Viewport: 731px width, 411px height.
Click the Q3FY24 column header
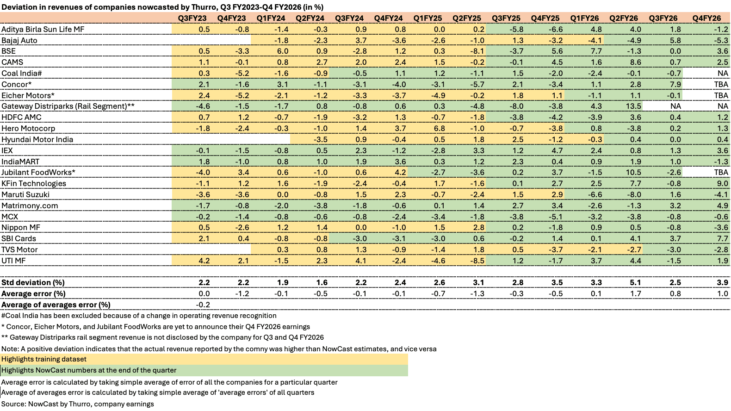(349, 18)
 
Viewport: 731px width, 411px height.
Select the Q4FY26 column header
(706, 18)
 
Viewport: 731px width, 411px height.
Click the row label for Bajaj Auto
(19, 40)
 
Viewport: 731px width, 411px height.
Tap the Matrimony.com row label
(30, 205)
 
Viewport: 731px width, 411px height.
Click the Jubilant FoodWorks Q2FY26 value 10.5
(634, 172)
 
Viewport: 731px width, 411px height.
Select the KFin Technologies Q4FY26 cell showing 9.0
(723, 183)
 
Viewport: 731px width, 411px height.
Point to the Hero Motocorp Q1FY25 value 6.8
(439, 128)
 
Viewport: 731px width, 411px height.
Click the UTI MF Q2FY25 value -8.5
(477, 261)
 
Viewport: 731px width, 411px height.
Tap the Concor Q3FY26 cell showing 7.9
(675, 84)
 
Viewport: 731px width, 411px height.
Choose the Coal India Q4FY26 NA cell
(723, 73)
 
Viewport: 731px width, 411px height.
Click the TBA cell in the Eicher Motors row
(721, 95)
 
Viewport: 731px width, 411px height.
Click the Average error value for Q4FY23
(242, 293)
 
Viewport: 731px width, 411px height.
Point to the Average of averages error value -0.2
(203, 305)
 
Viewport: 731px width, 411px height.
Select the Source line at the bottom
(78, 404)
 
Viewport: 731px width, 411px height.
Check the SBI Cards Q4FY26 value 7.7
(723, 238)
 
